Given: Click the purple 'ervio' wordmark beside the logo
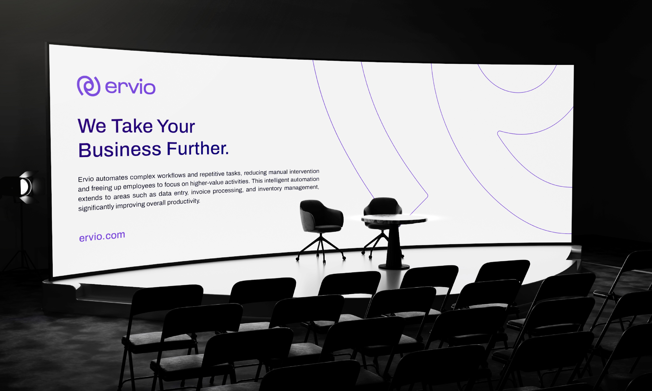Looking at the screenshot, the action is (130, 86).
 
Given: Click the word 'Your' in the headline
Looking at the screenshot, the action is (176, 126).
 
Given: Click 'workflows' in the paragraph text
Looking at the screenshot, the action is (171, 175).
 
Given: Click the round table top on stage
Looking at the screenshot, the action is (394, 219).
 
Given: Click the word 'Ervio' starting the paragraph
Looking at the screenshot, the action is (86, 179).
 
